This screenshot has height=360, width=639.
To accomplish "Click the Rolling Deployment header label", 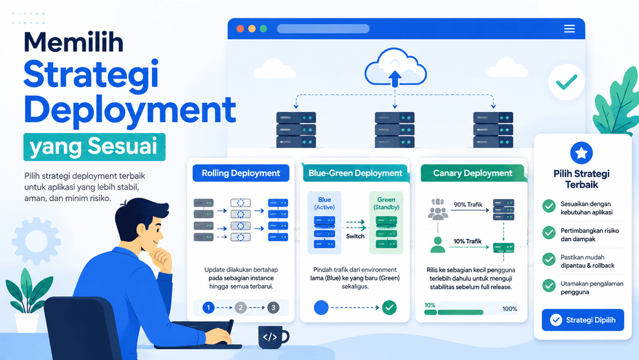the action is pyautogui.click(x=241, y=173).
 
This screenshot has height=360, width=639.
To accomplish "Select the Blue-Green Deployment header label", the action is pyautogui.click(x=355, y=173).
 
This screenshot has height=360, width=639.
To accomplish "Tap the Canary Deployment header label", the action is pyautogui.click(x=472, y=173).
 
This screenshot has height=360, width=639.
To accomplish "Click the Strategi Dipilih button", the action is pyautogui.click(x=583, y=320).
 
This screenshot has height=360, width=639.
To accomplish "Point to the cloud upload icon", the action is pyautogui.click(x=395, y=68).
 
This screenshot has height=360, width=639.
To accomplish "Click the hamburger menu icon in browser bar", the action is pyautogui.click(x=569, y=29).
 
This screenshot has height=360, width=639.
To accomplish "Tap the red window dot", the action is pyautogui.click(x=240, y=29).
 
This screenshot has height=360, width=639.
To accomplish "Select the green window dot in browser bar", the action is pyautogui.click(x=263, y=29).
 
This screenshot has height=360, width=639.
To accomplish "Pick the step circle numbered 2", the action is pyautogui.click(x=240, y=308).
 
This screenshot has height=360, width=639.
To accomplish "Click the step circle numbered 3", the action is pyautogui.click(x=273, y=308).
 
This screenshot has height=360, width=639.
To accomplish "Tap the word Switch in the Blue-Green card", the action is pyautogui.click(x=355, y=236).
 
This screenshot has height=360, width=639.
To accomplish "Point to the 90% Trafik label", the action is pyautogui.click(x=468, y=204).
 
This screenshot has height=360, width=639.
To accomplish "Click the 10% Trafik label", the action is pyautogui.click(x=468, y=241).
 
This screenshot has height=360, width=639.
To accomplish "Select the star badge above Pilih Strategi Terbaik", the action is pyautogui.click(x=581, y=153).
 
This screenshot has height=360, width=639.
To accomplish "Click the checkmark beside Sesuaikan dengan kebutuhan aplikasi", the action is pyautogui.click(x=549, y=206).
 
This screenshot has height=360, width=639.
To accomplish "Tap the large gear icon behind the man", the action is pyautogui.click(x=36, y=241).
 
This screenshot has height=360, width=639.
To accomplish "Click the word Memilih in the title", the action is pyautogui.click(x=73, y=42).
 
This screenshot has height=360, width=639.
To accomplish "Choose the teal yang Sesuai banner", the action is pyautogui.click(x=94, y=147).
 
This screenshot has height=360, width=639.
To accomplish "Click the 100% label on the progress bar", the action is pyautogui.click(x=509, y=309).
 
